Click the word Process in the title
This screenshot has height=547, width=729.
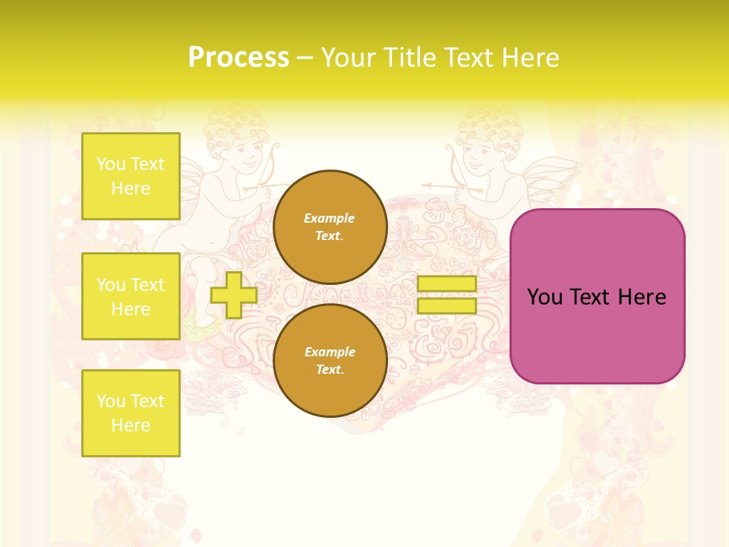pos(238,58)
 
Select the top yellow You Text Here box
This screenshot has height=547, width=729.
pos(131,176)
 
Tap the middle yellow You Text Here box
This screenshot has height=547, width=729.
pos(131,296)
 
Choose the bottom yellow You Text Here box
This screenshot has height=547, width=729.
pos(131,413)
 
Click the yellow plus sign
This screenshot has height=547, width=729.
pos(233,296)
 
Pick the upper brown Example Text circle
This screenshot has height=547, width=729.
pos(330,227)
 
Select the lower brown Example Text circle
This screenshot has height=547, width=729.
pos(330,361)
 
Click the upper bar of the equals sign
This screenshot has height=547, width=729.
pos(447,284)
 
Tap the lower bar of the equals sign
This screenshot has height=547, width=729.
pos(447,306)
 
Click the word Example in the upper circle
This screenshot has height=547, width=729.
pos(330,219)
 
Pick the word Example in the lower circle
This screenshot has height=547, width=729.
pos(330,353)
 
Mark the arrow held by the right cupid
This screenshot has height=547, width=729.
pos(448,185)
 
